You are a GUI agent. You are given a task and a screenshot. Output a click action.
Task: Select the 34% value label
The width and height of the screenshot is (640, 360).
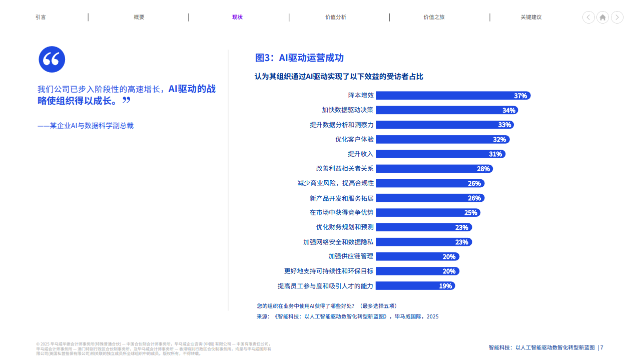509,110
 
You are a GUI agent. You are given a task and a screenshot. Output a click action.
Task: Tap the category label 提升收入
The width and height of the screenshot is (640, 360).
361,154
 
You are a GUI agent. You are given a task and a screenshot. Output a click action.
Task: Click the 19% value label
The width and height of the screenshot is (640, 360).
445,286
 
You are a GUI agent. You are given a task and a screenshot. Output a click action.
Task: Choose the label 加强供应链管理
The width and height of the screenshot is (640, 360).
351,256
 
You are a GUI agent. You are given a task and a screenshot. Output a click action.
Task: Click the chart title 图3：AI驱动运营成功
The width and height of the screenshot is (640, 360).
299,58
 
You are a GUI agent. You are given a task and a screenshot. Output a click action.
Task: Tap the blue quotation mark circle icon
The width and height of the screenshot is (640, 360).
52,59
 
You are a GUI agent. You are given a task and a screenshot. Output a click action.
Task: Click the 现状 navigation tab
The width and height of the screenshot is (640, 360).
237,17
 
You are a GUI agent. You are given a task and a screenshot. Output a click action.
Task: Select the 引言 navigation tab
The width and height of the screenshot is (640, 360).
41,17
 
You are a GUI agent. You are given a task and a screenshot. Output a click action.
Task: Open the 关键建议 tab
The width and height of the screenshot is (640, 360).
531,17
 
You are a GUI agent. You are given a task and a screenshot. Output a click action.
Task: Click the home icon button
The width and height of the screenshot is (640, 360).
602,17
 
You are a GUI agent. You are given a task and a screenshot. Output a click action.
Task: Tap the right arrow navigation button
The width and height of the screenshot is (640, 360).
617,17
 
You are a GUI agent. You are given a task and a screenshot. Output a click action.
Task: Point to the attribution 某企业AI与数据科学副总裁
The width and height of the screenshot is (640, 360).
86,126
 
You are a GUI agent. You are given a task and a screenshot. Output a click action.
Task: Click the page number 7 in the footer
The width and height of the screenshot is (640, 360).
601,347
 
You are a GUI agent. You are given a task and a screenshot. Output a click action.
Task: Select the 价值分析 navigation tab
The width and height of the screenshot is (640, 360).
335,17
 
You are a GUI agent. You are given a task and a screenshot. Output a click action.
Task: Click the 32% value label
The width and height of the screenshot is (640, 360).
499,140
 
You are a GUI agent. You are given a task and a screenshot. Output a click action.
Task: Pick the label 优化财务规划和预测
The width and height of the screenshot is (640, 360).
345,227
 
